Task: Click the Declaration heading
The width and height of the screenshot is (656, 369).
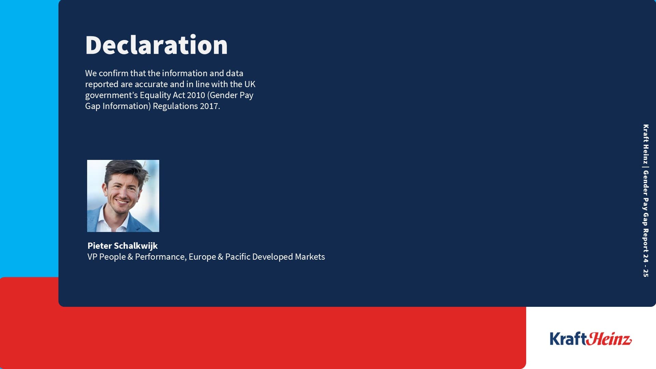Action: pos(156,45)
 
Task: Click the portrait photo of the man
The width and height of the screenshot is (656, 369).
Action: pos(123,196)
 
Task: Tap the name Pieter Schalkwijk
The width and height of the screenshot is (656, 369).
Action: pos(122,246)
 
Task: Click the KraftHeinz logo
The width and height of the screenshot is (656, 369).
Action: pos(591,339)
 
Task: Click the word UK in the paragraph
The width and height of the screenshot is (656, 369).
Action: pos(250,84)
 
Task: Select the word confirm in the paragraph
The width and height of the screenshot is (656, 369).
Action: pos(113,73)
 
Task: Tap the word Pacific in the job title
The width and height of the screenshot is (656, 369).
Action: pos(238,257)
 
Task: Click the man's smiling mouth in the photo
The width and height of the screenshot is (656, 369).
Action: pos(122,201)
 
